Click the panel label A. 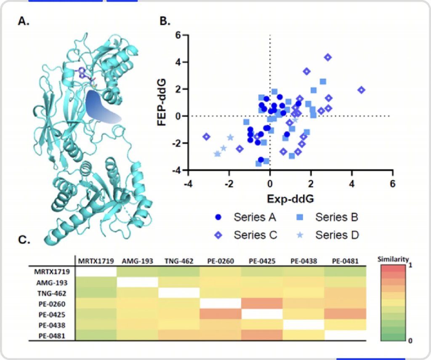[24, 21]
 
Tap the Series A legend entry [244, 217]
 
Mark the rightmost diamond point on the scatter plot [361, 90]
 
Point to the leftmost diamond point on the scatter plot [206, 136]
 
